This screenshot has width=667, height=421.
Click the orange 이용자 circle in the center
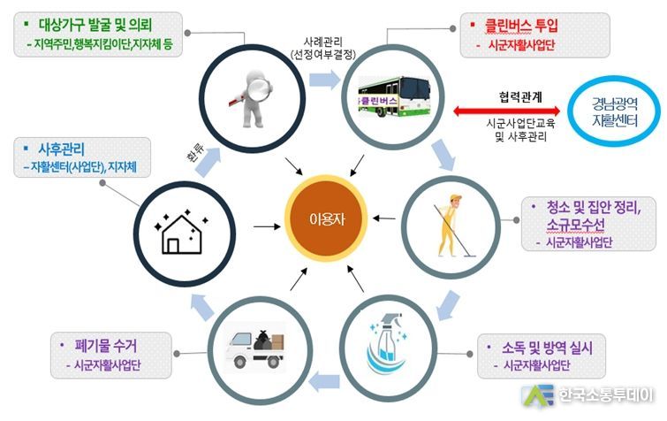[x=326, y=218]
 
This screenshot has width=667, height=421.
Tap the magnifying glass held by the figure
[x=259, y=88]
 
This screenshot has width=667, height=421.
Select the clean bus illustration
[x=394, y=96]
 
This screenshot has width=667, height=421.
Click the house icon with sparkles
[x=182, y=232]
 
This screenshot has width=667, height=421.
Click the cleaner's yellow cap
[x=456, y=197]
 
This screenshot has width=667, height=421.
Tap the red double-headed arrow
[x=506, y=111]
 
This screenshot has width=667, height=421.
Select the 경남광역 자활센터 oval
[x=614, y=111]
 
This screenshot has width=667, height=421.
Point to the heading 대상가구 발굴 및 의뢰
[x=95, y=25]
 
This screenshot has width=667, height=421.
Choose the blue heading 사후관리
[x=61, y=149]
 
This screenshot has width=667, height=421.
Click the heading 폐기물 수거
[x=106, y=345]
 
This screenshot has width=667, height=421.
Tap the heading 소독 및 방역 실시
[x=547, y=348]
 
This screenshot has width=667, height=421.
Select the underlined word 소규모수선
[x=575, y=225]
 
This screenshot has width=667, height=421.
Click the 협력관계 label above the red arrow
[x=520, y=97]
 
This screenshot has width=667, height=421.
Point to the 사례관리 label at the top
[x=323, y=42]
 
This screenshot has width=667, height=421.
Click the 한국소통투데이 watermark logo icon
[x=538, y=396]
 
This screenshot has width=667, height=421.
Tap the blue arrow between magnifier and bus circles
[x=324, y=80]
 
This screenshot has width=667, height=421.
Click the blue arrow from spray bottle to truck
[x=324, y=382]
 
